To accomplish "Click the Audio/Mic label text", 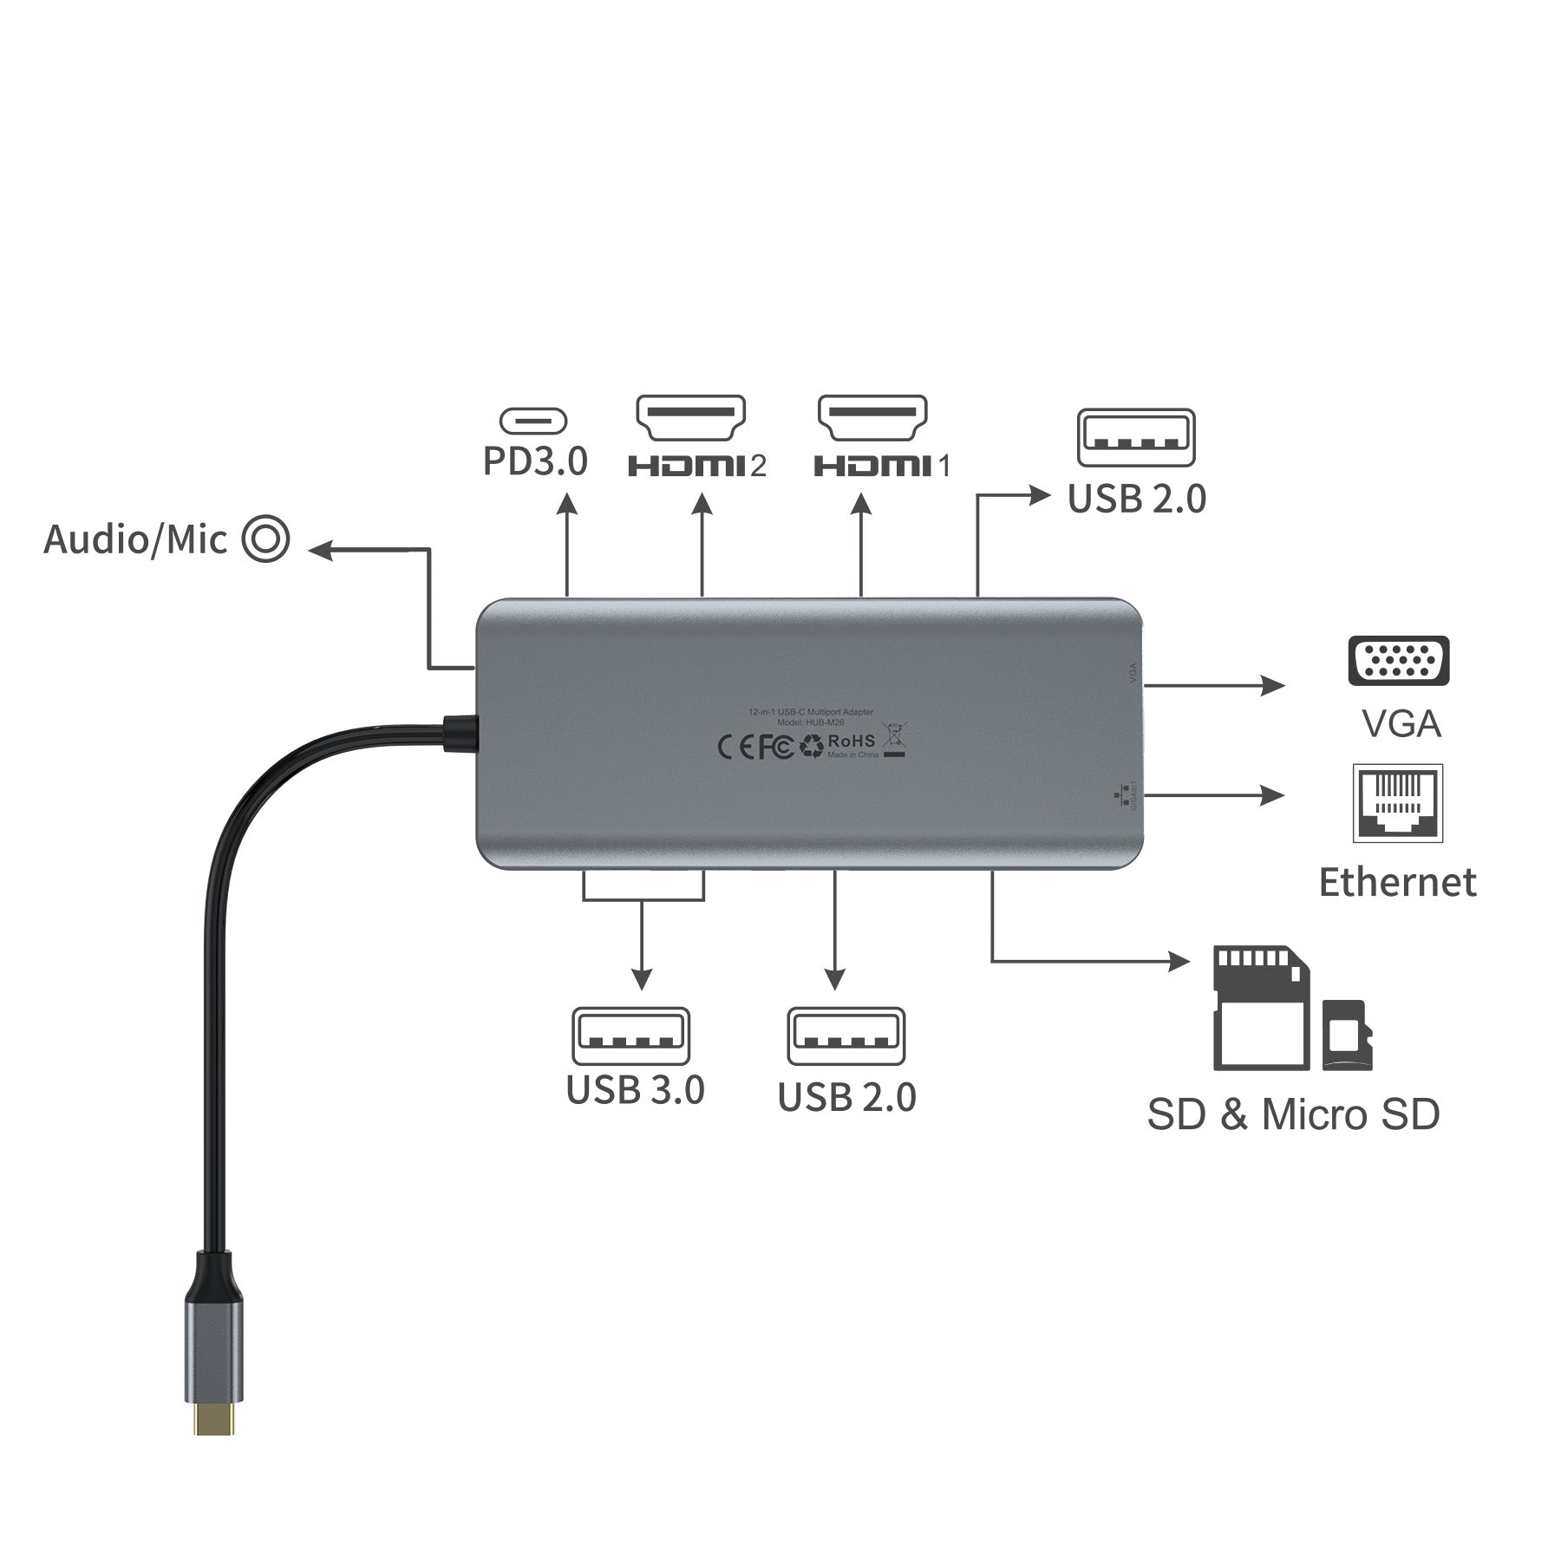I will (135, 539).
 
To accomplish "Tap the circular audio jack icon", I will (265, 539).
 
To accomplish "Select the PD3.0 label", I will (535, 461).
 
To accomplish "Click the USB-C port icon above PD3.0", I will (533, 422).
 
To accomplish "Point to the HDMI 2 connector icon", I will (691, 419).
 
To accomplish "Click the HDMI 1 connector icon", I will (872, 419).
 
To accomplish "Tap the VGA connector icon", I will (1398, 661).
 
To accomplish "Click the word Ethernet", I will (1397, 883).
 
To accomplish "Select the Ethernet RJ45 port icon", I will (1398, 803).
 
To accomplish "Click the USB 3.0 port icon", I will (630, 1035).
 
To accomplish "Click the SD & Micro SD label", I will (1293, 1114).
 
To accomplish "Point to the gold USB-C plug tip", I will (214, 1418).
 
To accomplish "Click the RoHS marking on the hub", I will (852, 741).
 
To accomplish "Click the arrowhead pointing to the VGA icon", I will (1273, 685).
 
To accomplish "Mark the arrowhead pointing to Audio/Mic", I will (321, 549).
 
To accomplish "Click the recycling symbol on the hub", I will (812, 746).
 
